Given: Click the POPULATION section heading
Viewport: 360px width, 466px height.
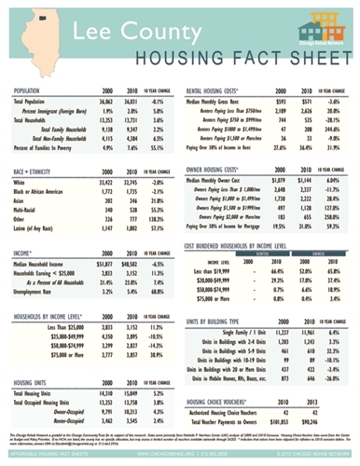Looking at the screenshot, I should tap(33, 90).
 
